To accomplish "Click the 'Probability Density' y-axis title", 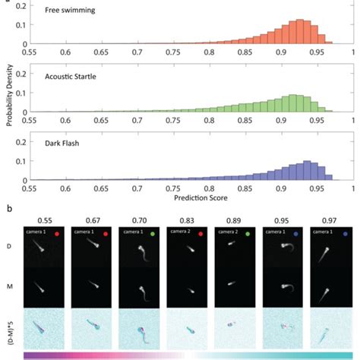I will coord(7,94).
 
